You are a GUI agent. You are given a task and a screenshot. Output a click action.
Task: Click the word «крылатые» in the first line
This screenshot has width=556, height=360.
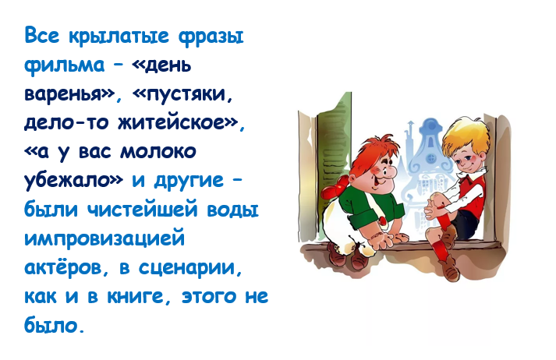coord(119,37)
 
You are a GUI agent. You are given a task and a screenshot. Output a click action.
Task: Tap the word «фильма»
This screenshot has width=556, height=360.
coord(65,65)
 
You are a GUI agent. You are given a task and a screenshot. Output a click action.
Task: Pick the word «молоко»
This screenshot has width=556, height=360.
coord(158,152)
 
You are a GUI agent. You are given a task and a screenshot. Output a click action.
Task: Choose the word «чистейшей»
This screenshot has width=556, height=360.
coord(143,210)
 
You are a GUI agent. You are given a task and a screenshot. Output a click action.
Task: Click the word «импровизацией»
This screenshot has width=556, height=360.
coord(104,238)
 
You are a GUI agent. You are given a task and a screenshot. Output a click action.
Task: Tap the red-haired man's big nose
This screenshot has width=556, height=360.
coord(390,171)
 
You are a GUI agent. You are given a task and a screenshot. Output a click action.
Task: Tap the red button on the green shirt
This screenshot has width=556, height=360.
coord(383,221)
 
